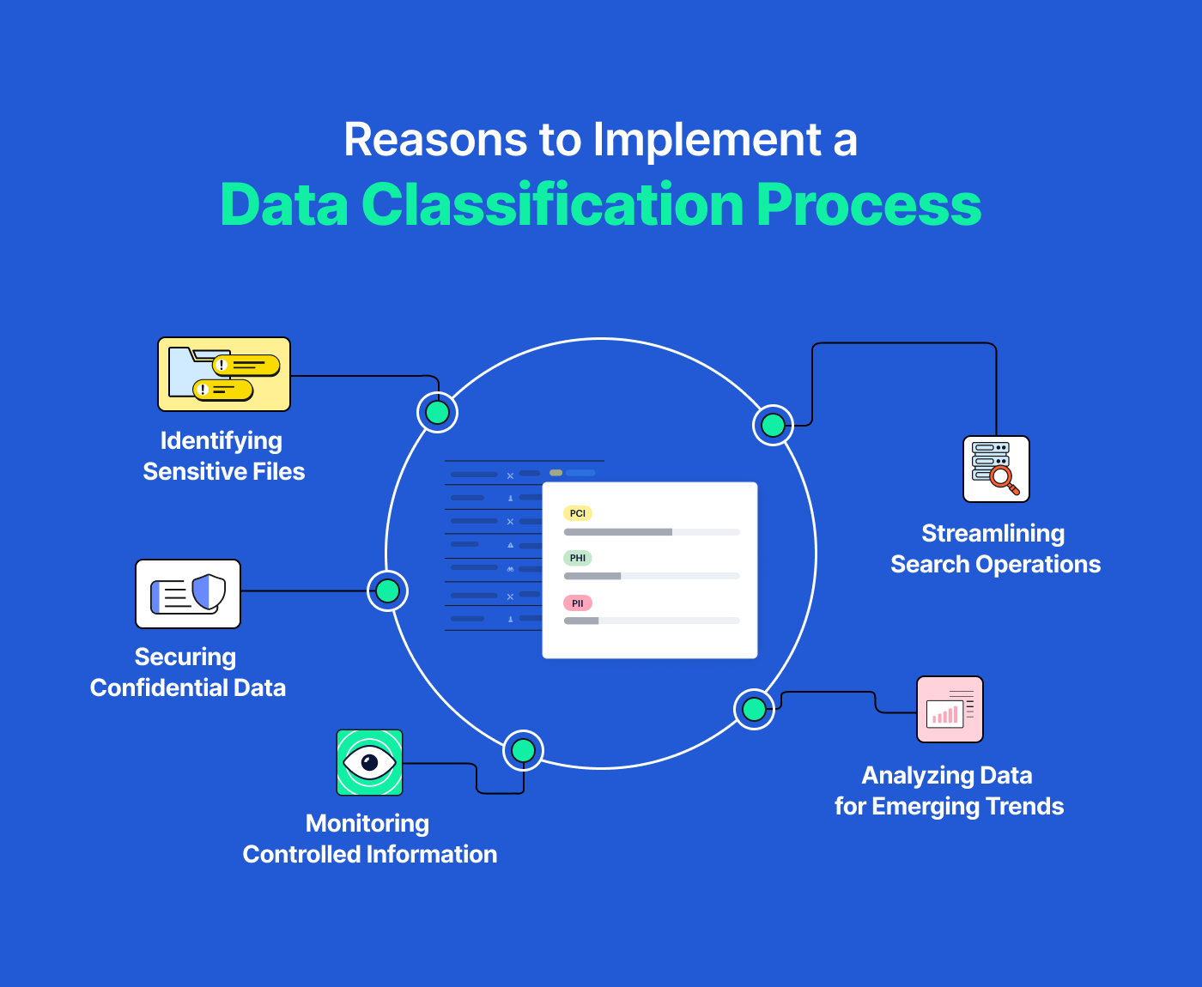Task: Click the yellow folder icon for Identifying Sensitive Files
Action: pos(224,374)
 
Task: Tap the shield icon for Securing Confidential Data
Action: pos(188,594)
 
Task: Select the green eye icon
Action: pos(369,762)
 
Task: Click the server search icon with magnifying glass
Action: pos(996,469)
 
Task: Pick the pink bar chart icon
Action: pos(950,709)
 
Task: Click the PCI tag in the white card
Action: pos(578,513)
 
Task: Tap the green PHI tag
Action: pos(578,558)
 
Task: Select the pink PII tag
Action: pos(578,603)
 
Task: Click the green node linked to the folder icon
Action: pos(438,413)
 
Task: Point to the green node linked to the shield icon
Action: pos(388,590)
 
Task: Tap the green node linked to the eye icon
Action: pos(523,750)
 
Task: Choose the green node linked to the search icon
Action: pos(773,425)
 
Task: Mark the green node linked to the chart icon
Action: pos(754,709)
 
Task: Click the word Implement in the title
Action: pos(707,140)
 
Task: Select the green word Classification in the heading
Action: pos(552,205)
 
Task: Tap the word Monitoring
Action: pos(367,824)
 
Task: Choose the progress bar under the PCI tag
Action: pos(652,532)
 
